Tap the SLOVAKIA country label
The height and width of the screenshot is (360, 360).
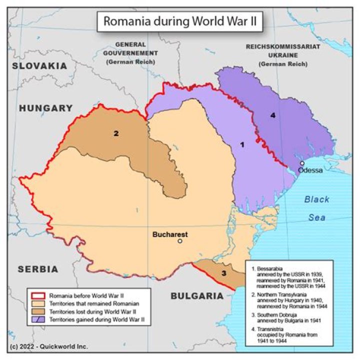[39, 65]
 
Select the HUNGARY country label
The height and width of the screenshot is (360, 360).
[45, 107]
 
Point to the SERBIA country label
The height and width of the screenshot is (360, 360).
[38, 269]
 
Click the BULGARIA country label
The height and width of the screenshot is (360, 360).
[197, 296]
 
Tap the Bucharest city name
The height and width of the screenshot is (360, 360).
[170, 233]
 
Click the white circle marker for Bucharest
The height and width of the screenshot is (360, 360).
[180, 241]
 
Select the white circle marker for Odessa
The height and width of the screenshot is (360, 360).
[302, 163]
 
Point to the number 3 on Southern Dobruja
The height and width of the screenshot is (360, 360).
[223, 273]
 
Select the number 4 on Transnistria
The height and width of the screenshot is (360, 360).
[272, 115]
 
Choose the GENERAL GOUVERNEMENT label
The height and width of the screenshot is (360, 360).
[130, 52]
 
